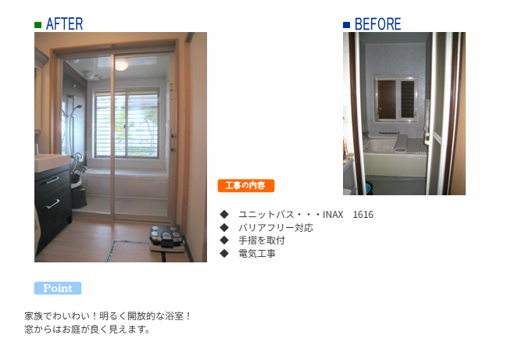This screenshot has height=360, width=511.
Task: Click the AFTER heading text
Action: (x=65, y=24)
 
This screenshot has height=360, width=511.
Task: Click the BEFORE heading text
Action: (x=377, y=24)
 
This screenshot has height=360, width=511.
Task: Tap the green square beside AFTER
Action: (x=38, y=25)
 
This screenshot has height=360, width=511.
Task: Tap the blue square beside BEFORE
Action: (x=346, y=25)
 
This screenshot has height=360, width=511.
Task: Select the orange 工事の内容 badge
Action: (x=246, y=186)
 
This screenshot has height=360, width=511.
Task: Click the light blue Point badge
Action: (x=58, y=288)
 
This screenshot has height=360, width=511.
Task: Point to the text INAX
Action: (x=333, y=215)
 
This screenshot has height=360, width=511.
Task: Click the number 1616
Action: (x=363, y=215)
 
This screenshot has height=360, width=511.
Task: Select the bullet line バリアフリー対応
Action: (x=276, y=227)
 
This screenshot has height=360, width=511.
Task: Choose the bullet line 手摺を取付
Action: (x=262, y=241)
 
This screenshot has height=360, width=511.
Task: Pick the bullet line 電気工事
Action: (x=257, y=254)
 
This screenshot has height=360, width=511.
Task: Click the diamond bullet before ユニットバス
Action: (x=224, y=214)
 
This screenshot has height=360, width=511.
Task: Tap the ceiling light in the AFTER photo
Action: (x=122, y=66)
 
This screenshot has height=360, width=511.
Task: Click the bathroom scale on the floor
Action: (x=166, y=239)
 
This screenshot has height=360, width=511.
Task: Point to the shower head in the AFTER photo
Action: (x=78, y=107)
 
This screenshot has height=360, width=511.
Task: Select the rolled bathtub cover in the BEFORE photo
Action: (x=409, y=144)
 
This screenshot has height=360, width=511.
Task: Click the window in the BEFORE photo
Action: (x=395, y=99)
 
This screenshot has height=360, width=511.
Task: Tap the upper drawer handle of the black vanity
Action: (x=52, y=180)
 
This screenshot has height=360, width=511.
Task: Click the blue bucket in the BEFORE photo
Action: (x=370, y=188)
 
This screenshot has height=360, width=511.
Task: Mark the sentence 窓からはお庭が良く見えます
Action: (x=88, y=330)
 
